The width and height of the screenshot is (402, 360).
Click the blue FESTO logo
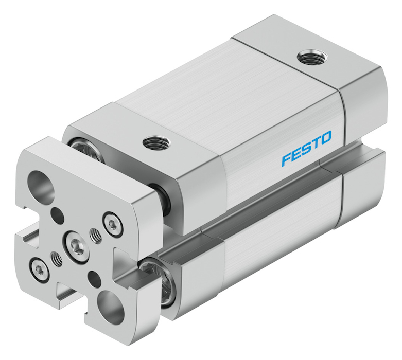click(x=306, y=148)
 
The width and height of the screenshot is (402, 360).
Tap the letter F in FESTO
click(x=287, y=159)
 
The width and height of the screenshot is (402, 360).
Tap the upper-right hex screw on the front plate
click(x=113, y=224)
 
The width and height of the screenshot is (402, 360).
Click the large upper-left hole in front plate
click(x=41, y=186)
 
